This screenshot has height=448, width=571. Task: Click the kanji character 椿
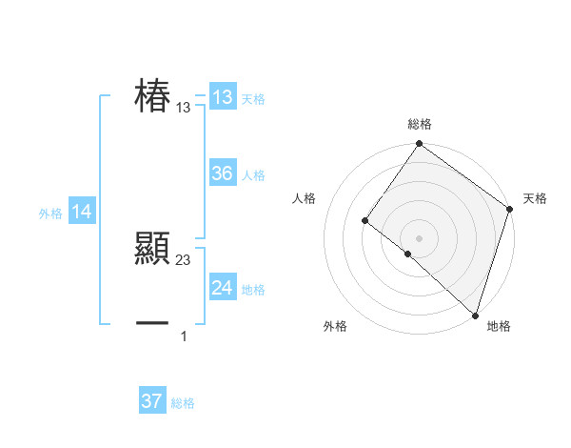[x=152, y=97]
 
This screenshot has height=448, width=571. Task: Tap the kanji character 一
[x=152, y=324]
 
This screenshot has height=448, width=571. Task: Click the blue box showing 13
[x=223, y=97]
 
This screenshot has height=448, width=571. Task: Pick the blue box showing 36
[x=223, y=173]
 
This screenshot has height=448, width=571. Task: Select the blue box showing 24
[x=223, y=288]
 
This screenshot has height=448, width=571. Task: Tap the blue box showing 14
[x=82, y=213]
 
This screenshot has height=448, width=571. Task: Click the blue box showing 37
[x=152, y=401]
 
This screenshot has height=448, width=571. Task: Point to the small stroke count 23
[x=184, y=260]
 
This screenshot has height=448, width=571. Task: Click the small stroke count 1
[x=184, y=336]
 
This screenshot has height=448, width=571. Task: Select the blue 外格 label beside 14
[x=50, y=214]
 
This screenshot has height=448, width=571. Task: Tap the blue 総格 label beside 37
[x=183, y=403]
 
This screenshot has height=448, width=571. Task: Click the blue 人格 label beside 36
[x=253, y=175]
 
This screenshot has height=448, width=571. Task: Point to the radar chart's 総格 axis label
[x=419, y=124]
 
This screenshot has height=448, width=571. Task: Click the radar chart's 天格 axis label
[x=535, y=198]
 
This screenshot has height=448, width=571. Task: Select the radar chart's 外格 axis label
[x=335, y=327]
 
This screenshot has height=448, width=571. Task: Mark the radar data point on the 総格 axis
[x=419, y=145]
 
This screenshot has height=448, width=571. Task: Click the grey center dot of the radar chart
[x=419, y=238]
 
